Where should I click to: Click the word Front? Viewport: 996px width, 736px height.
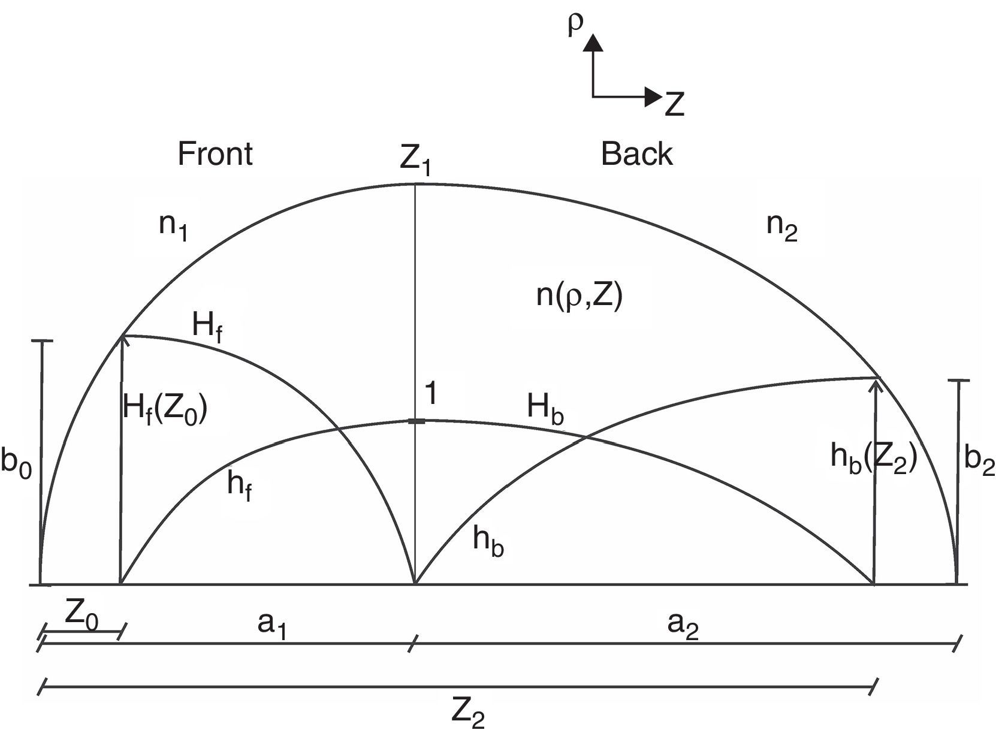215,155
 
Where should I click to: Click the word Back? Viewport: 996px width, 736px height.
636,155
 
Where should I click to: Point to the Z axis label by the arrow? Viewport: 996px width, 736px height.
674,104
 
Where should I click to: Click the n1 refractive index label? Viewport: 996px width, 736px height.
173,227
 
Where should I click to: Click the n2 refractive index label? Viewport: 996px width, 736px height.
782,227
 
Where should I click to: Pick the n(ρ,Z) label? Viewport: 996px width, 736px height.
579,295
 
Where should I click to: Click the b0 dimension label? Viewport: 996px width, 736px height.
16,463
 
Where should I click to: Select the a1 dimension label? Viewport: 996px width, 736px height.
271,626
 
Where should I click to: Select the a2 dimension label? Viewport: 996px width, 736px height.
683,626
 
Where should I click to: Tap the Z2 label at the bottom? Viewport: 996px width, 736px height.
467,714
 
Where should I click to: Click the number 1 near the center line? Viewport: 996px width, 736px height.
429,394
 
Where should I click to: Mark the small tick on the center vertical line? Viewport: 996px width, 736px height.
416,422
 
